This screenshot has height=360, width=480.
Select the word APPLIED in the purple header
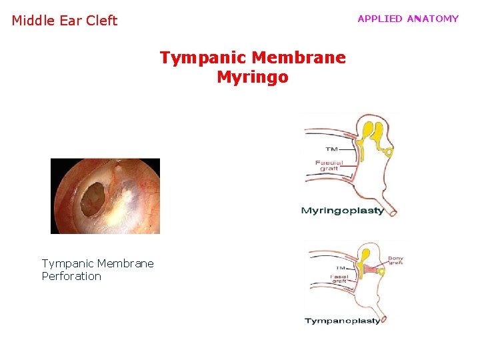tap(380, 19)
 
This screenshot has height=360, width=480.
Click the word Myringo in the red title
tap(253, 77)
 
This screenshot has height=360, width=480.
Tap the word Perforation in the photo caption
tap(71, 276)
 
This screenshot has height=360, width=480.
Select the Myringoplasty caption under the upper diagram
tap(343, 211)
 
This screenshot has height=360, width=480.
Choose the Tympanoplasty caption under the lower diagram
tap(343, 321)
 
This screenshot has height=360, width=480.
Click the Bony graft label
tap(395, 261)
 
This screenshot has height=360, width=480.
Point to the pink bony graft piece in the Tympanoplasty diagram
tap(370, 271)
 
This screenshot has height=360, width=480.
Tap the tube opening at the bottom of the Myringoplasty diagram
tap(393, 213)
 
